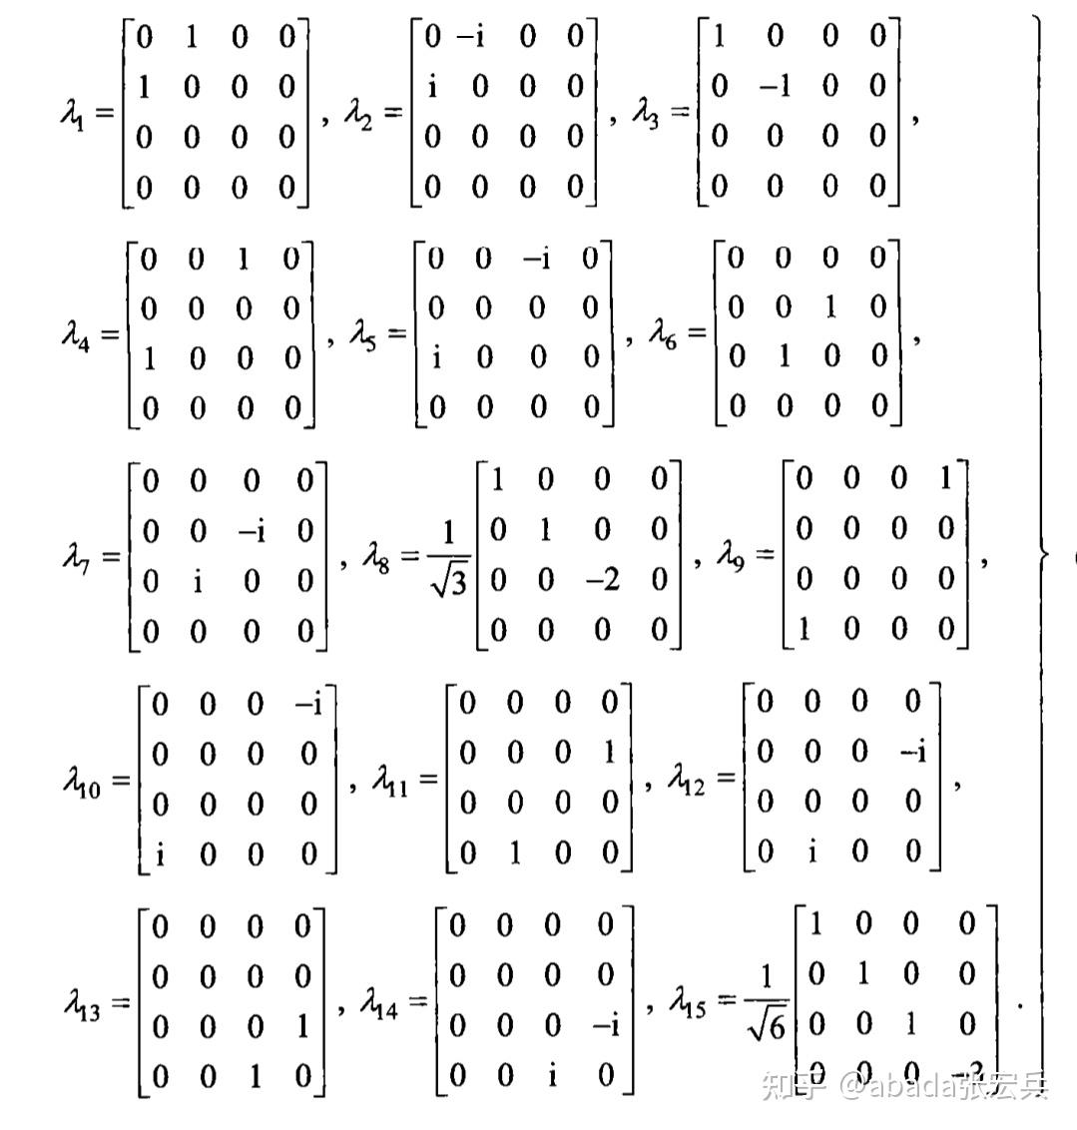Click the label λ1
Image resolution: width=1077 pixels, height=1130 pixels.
[x=73, y=113]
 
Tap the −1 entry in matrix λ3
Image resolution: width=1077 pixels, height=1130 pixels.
[x=775, y=87]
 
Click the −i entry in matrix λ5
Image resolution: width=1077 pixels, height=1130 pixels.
[x=536, y=260]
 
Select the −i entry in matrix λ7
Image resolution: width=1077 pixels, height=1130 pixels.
[x=252, y=531]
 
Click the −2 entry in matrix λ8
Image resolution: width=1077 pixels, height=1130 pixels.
[x=601, y=580]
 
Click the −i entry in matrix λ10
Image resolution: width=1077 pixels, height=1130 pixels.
[x=307, y=705]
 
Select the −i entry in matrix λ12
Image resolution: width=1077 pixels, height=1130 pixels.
[x=910, y=752]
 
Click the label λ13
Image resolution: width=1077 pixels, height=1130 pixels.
[x=81, y=1001]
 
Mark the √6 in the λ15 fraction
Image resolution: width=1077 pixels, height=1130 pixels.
[x=766, y=1025]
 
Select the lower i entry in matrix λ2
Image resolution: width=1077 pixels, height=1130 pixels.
[x=432, y=87]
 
